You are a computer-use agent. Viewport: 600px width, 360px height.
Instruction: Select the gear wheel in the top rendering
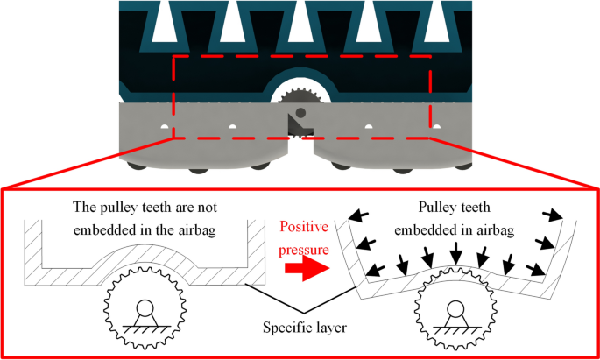pyautogui.click(x=300, y=101)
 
